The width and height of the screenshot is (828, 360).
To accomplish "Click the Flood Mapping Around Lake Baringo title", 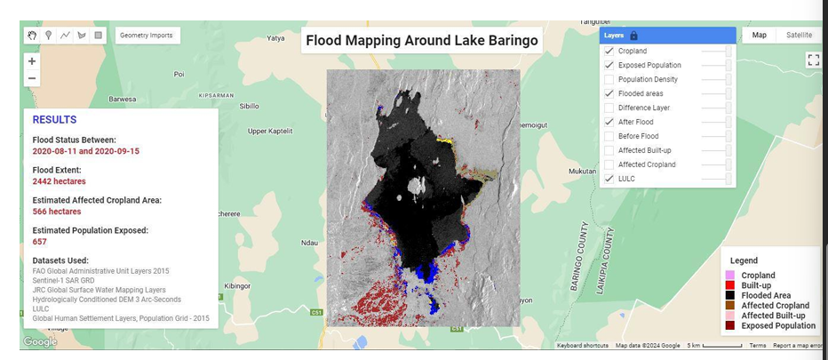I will tap(422, 40).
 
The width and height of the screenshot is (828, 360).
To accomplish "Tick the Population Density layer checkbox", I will tap(609, 79).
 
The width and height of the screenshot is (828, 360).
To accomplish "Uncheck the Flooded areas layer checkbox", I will tap(609, 93).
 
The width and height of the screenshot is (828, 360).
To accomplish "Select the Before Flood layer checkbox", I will tap(609, 136).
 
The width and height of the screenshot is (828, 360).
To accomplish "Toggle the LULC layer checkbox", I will tap(609, 179).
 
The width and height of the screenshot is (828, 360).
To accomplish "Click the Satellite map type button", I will tap(798, 36).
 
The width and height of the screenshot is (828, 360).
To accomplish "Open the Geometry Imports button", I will tap(147, 36).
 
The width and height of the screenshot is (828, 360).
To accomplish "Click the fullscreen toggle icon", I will tap(813, 60).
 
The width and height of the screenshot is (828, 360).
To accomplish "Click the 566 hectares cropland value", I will tap(57, 212).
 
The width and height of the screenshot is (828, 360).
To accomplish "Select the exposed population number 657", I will tap(40, 242).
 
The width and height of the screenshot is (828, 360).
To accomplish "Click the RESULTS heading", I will tap(54, 120).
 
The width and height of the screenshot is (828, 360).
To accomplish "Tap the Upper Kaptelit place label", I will tap(269, 131).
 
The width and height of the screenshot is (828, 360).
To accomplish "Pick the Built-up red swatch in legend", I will tap(730, 285).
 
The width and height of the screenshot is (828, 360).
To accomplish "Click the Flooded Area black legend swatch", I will tap(730, 295).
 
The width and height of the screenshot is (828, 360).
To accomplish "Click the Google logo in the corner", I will tap(40, 342).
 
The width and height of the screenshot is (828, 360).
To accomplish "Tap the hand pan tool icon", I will tap(32, 36).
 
